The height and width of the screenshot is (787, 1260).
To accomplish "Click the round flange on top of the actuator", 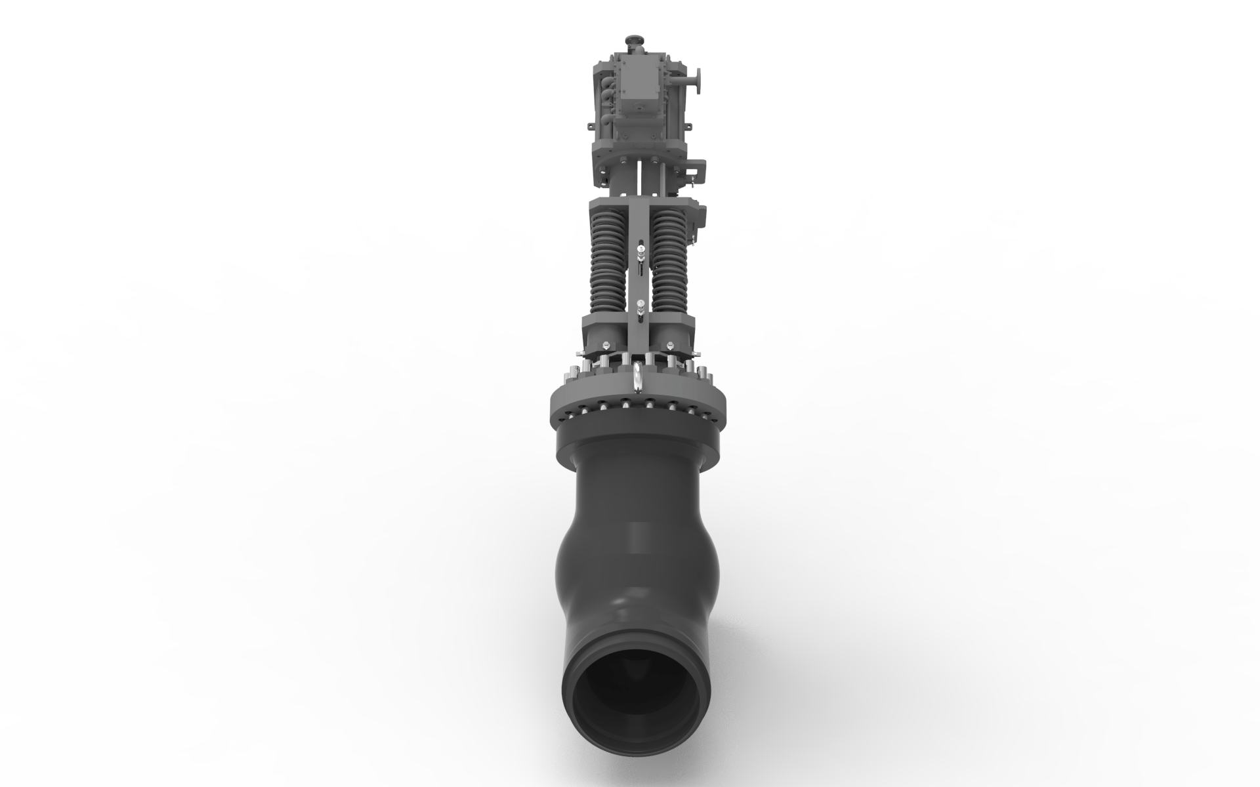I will point(635,40).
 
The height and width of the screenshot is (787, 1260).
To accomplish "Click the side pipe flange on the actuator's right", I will point(699,81).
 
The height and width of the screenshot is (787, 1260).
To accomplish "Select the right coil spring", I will point(669,262).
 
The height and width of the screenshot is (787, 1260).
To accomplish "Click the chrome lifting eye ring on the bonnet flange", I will point(638,377).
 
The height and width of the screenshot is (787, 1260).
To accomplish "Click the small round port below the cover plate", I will point(639,108).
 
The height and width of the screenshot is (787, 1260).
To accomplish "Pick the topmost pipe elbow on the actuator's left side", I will point(606,81).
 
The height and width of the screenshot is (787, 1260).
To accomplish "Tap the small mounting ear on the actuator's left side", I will point(591,127).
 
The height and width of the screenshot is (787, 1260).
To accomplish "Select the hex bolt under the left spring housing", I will point(606,346).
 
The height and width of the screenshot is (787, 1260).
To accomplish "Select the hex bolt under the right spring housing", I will point(670,346).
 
